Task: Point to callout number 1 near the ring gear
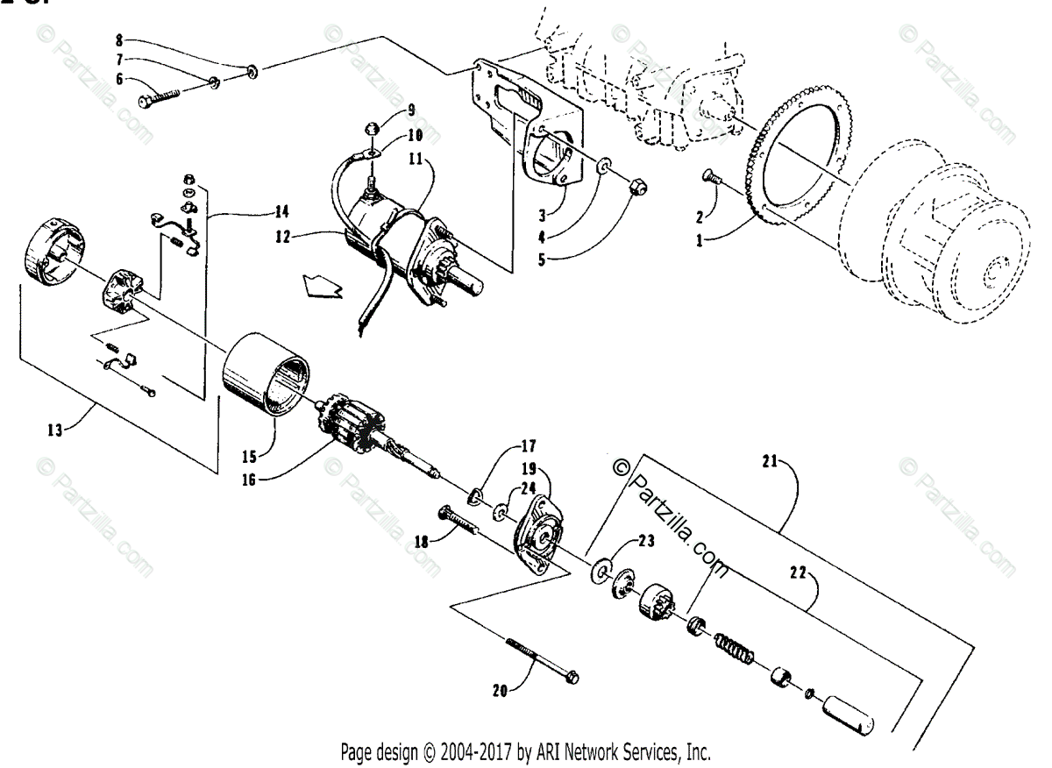click(700, 239)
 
